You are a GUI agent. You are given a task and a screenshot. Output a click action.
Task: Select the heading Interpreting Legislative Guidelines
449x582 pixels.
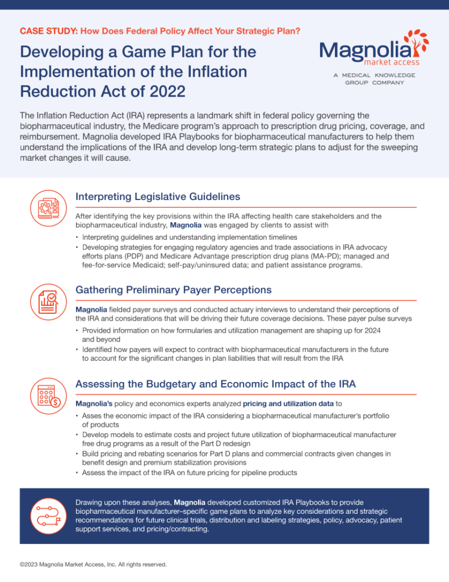[x=158, y=196]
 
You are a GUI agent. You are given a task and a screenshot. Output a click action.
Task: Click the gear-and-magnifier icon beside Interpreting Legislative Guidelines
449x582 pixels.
[x=48, y=208]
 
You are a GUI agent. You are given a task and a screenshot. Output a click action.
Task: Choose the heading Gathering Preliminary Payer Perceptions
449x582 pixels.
[x=174, y=289]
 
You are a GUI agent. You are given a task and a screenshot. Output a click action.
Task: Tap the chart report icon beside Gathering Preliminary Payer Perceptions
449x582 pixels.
[x=48, y=302]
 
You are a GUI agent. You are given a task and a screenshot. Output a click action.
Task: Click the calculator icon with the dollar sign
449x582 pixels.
[x=48, y=396]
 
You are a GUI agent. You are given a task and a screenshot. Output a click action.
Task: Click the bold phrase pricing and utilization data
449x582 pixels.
[x=288, y=404]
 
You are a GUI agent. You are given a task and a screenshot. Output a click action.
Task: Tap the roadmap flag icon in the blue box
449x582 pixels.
[x=48, y=516]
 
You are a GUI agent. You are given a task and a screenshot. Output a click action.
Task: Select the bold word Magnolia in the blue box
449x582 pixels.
[x=190, y=502]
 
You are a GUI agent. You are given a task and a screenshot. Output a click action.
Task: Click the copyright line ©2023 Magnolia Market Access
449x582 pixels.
[x=93, y=564]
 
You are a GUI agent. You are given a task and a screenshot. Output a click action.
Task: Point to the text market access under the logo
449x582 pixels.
[x=392, y=62]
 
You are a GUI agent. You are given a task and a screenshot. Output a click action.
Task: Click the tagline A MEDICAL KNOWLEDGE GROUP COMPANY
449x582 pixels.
[x=375, y=78]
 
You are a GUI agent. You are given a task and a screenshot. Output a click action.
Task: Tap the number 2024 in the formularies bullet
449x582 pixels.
[x=372, y=330]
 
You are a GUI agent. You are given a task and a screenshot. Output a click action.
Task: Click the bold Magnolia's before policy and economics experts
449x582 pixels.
[x=94, y=404]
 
